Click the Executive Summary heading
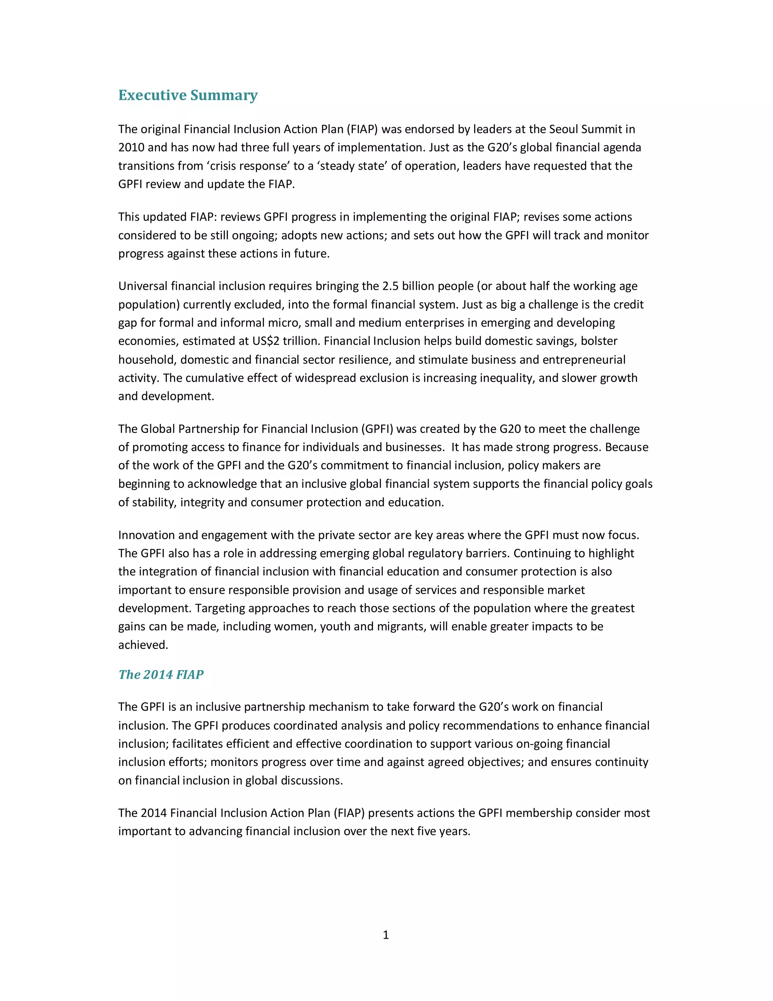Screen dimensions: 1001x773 188,95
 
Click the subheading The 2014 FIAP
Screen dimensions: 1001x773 161,674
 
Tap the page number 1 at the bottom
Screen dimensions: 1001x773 386,935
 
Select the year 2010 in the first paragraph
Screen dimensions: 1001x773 131,148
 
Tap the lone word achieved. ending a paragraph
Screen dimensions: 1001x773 143,645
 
